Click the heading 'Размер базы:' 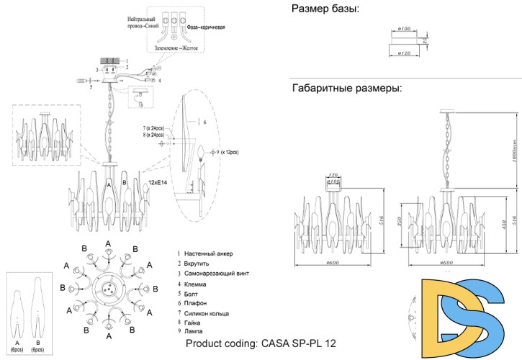click(x=325, y=9)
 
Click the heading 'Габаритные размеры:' click(x=346, y=89)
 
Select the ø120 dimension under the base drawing click(x=404, y=53)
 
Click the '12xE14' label click(x=158, y=184)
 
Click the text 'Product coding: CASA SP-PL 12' click(x=261, y=345)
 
